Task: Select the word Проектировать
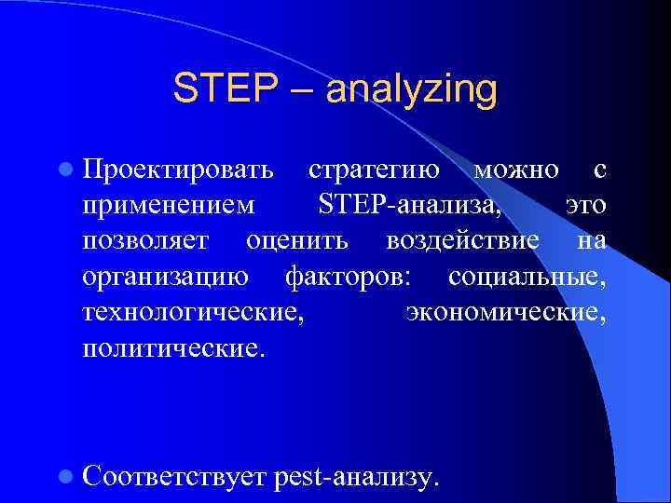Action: click(178, 171)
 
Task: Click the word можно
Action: click(516, 170)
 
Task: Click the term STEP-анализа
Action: click(408, 206)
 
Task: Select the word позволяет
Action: click(152, 241)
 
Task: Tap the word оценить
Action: click(297, 241)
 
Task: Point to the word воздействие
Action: click(462, 241)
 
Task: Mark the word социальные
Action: click(527, 277)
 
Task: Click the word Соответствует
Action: click(175, 477)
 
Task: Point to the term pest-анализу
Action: click(355, 478)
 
